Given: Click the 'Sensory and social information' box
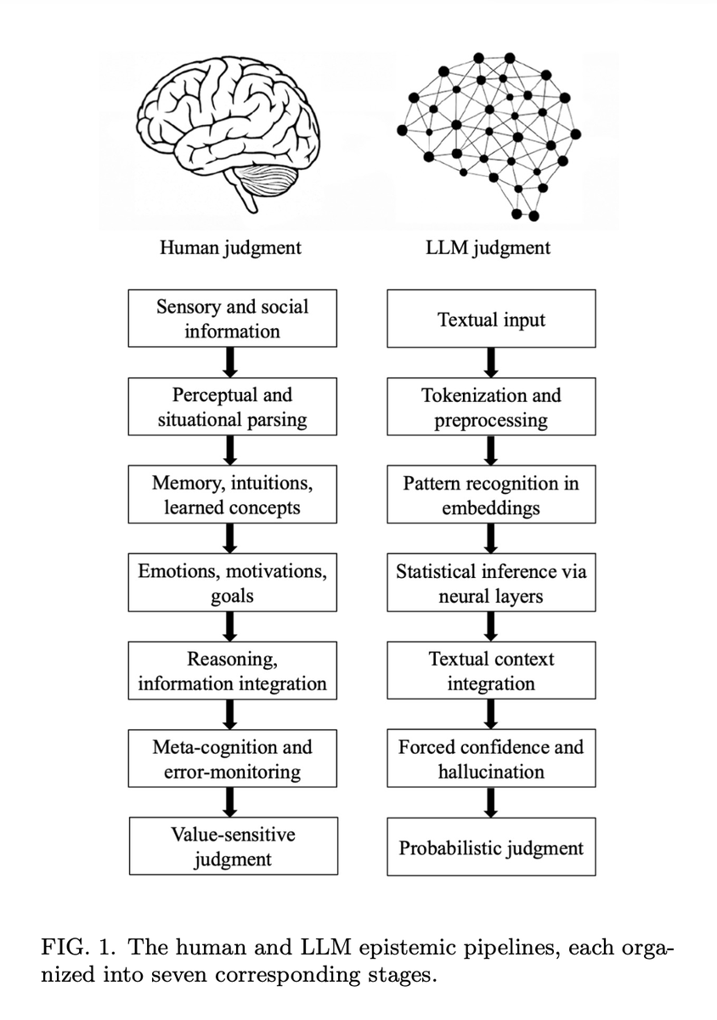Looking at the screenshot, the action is [232, 318].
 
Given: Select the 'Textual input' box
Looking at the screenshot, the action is [491, 318].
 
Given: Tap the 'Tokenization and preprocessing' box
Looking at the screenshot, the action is [491, 406].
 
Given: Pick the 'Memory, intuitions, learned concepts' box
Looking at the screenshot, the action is [232, 494].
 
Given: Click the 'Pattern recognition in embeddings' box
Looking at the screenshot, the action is [491, 494].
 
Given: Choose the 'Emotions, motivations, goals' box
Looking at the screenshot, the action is [232, 582].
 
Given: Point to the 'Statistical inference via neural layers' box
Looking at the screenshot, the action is [491, 582].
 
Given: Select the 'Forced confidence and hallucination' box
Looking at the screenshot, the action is [491, 758].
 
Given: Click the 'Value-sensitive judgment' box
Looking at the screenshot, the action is [234, 846].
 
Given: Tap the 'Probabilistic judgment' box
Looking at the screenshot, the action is [491, 847].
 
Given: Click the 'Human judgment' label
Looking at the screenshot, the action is [230, 248].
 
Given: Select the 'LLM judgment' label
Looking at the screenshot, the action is [488, 248].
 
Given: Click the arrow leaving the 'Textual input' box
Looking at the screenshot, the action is [491, 362].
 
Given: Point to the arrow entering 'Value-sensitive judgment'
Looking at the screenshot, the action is [230, 802].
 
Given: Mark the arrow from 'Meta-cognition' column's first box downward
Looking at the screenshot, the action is [230, 362].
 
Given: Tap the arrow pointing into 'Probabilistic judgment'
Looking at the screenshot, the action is [491, 802].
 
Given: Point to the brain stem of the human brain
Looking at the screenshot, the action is [245, 194].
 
